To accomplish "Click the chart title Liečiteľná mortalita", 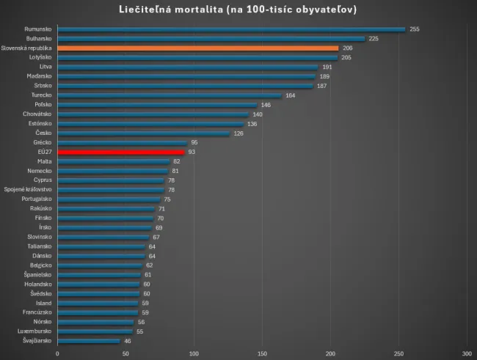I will click(x=238, y=10).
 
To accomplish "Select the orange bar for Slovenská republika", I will click(x=197, y=48).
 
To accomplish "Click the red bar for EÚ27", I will click(x=121, y=152).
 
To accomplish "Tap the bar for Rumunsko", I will click(x=231, y=29).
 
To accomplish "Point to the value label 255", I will click(x=415, y=29).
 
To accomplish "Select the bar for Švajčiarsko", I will click(x=88, y=341).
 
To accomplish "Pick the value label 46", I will click(x=128, y=341).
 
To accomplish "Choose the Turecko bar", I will click(x=170, y=95).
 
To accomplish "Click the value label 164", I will click(x=291, y=95).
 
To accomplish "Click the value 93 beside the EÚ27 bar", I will click(x=192, y=152).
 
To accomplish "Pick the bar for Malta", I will click(x=114, y=161).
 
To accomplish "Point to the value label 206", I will click(x=348, y=48).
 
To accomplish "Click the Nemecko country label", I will click(x=40, y=171).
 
